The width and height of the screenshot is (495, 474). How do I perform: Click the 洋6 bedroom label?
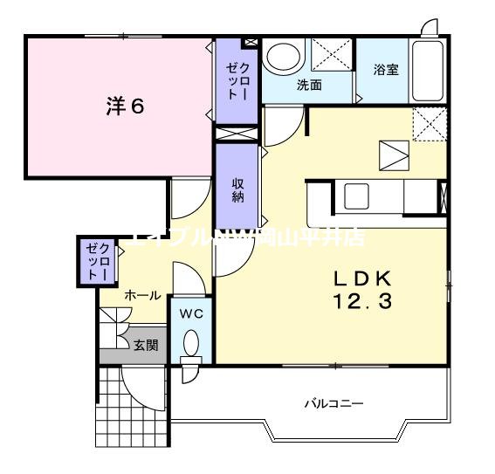(125, 106)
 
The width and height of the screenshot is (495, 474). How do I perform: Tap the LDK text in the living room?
(364, 279)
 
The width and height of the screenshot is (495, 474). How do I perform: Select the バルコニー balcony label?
(333, 403)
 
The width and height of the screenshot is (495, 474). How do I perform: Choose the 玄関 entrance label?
(145, 345)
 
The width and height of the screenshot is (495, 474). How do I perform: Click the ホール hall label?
(142, 295)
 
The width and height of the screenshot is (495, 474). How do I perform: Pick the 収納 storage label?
(237, 190)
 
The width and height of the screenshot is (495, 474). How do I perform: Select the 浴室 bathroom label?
(386, 70)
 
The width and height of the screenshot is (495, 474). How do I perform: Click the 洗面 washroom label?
(309, 85)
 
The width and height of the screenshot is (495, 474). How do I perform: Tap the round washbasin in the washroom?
(282, 59)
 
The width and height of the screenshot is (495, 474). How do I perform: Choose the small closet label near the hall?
(94, 260)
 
